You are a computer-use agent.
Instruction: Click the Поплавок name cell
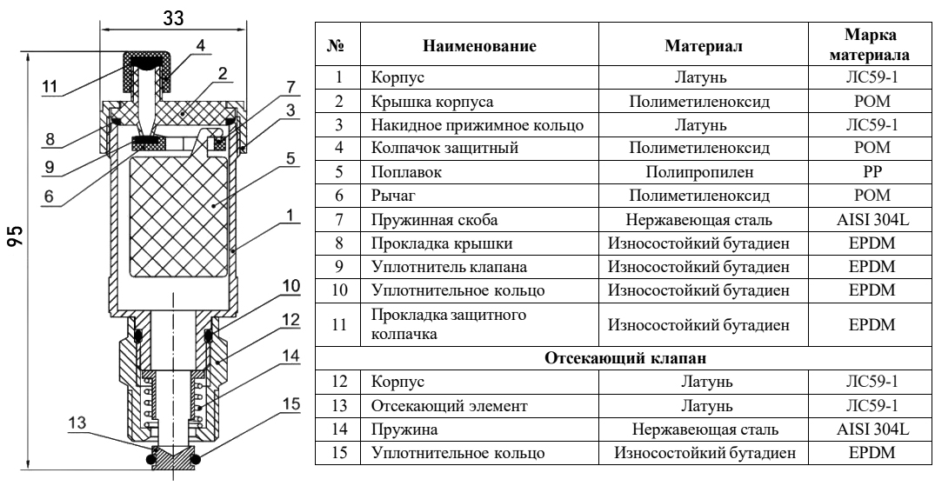(397, 172)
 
